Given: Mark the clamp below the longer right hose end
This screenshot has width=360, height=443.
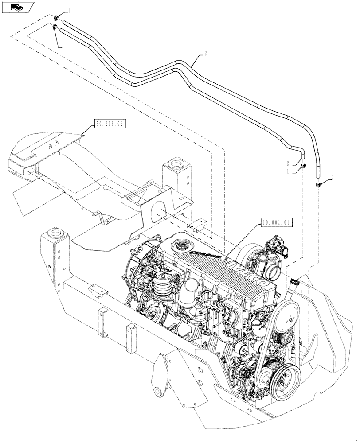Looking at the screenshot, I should [x=318, y=184].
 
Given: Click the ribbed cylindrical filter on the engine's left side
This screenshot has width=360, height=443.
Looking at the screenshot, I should [x=164, y=286].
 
